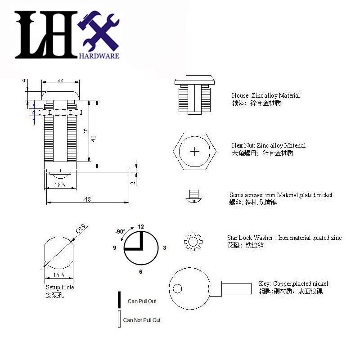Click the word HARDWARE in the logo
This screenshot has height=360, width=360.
coord(99,56)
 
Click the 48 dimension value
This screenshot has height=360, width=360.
coord(88,199)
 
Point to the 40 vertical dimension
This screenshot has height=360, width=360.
coord(94,138)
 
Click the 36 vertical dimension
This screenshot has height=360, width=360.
coord(85,131)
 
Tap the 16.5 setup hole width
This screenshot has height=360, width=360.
coord(59,274)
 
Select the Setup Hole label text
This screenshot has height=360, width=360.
coord(59,287)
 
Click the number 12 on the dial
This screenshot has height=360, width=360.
coord(141,226)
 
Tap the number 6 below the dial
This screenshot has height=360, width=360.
coord(141,272)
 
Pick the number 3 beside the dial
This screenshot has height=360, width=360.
coord(165,248)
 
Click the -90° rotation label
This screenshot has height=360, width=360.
coord(120,232)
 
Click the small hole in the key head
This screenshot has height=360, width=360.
coord(178,288)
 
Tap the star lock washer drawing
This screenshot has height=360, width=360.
coord(193,242)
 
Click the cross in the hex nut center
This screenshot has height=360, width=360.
coord(195,151)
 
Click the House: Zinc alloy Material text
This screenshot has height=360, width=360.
coord(265,96)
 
